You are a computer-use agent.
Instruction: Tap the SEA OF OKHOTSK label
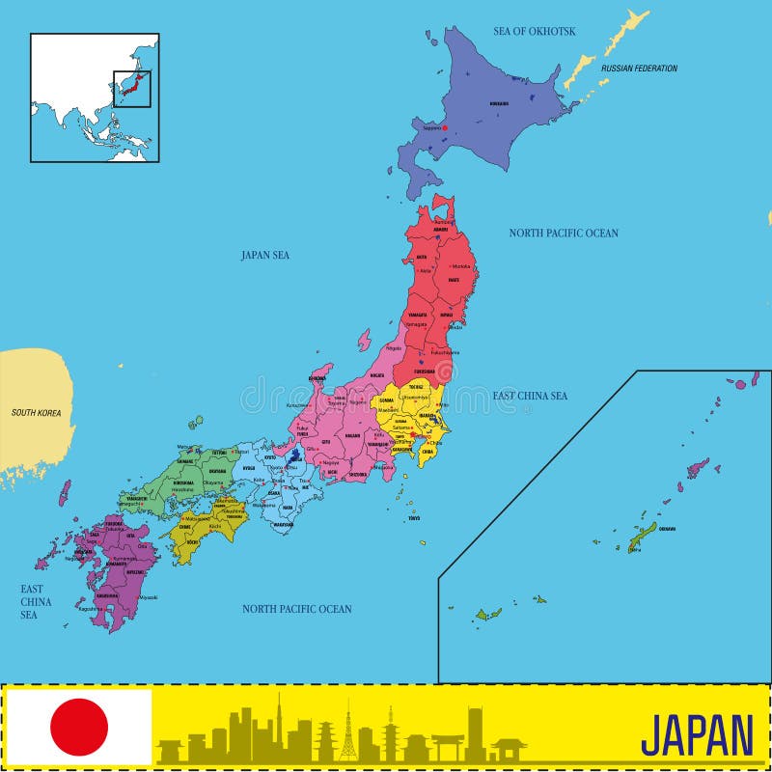click(x=534, y=31)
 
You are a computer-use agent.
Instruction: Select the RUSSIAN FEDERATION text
click(x=639, y=69)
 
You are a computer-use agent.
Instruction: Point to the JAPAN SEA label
click(x=265, y=255)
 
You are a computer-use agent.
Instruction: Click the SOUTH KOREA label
click(x=36, y=413)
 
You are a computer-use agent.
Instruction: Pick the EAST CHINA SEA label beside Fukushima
click(x=530, y=396)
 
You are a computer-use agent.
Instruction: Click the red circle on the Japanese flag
click(x=79, y=727)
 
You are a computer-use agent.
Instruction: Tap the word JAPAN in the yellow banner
click(x=697, y=735)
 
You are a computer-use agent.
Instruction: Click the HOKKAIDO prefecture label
click(x=499, y=103)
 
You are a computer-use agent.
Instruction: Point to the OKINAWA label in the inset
click(x=667, y=529)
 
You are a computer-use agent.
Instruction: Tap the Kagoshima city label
click(x=91, y=609)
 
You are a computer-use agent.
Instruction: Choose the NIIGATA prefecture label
click(x=376, y=375)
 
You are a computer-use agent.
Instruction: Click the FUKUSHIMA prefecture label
click(x=424, y=371)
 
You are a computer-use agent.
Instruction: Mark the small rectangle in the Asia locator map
click(x=131, y=89)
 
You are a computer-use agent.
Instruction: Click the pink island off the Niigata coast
click(x=364, y=340)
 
